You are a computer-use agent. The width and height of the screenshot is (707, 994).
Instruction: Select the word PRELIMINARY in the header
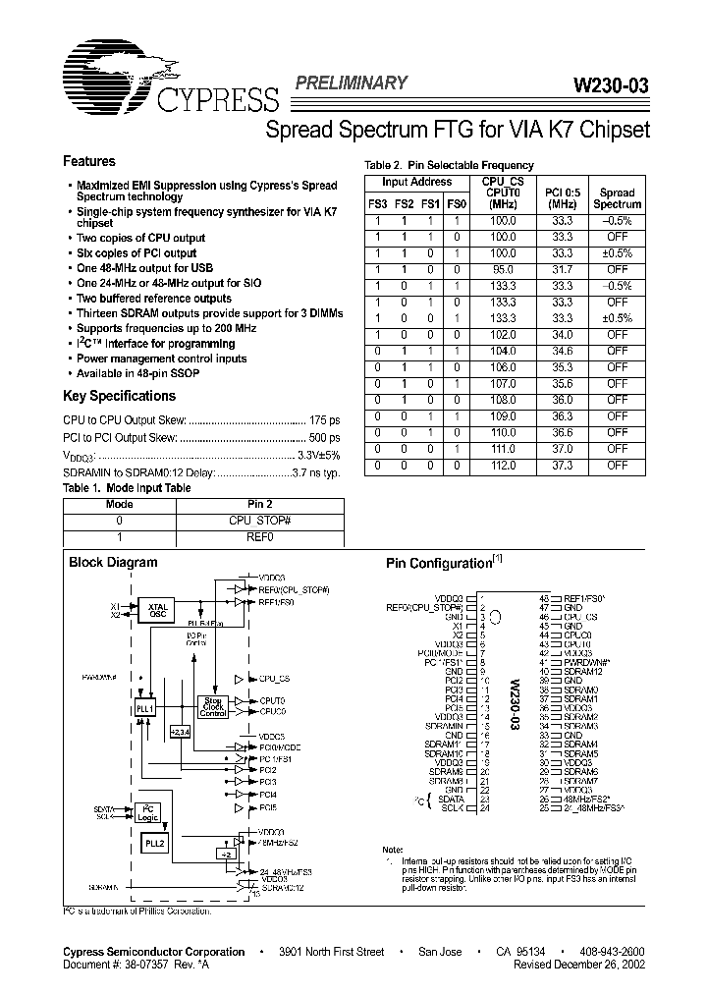click(x=351, y=83)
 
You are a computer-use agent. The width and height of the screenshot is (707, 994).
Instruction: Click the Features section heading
click(x=89, y=161)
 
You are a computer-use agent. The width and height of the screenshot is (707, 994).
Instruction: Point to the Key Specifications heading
click(x=119, y=396)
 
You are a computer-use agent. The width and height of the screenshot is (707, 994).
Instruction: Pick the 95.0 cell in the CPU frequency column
click(x=503, y=268)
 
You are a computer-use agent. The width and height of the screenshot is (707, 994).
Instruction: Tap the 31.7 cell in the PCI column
click(x=563, y=268)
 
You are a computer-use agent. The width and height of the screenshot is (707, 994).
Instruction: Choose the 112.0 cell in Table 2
click(x=503, y=466)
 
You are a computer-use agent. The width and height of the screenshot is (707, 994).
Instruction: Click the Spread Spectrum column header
click(x=618, y=198)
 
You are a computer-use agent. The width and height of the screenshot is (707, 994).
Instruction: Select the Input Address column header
click(x=416, y=182)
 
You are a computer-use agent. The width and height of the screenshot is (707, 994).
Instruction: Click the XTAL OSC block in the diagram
click(x=157, y=609)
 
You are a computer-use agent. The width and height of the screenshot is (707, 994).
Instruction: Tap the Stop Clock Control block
click(x=213, y=705)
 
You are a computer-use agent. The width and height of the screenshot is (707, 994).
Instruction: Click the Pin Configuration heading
click(x=437, y=564)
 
